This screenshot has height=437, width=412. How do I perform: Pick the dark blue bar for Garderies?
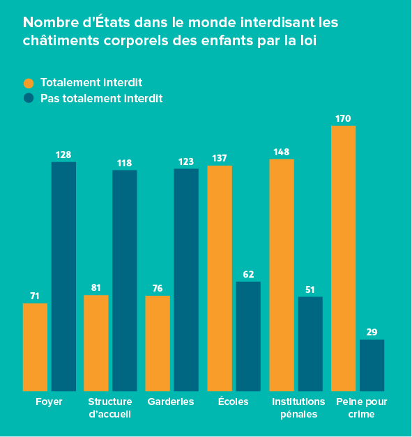[x=186, y=279]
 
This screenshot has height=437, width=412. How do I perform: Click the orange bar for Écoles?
[x=220, y=278]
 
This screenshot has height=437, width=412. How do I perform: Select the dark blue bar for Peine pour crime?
[x=372, y=365]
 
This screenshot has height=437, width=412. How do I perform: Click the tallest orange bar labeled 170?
[x=343, y=258]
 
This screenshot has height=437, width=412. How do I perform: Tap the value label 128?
[x=63, y=154]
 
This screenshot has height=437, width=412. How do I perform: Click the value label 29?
[x=372, y=332]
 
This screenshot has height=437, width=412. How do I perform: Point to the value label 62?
[x=248, y=274]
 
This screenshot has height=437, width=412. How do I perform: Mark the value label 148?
[x=281, y=152]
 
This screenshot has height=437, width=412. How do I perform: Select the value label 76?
[x=158, y=288]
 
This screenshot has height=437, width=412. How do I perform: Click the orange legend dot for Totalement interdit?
[x=29, y=83]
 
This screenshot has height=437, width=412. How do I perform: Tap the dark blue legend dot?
[x=29, y=98]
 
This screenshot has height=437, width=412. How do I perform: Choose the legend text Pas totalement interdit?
[x=101, y=98]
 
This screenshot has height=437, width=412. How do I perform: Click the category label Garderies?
[x=171, y=402]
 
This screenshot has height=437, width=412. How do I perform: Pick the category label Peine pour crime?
[x=361, y=408]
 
